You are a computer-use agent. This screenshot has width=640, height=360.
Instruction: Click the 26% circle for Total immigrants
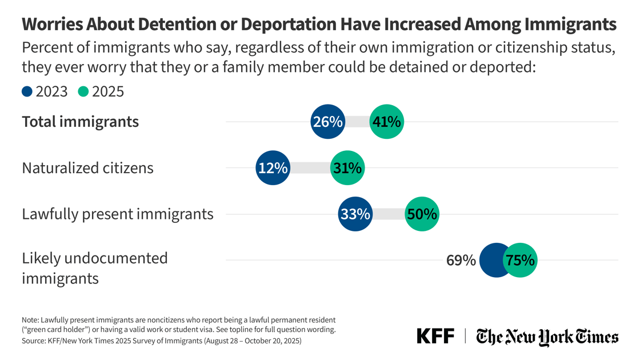327,122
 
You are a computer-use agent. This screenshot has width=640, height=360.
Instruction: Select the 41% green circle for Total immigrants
387,122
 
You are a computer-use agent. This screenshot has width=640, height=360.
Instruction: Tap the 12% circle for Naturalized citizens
273,168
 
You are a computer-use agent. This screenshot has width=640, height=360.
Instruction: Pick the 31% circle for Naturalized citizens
347,168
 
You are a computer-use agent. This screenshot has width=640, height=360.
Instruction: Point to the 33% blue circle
355,214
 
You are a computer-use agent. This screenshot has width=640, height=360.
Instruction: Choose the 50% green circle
422,214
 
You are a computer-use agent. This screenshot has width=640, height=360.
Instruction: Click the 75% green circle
519,261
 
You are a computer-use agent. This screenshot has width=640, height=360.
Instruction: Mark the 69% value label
461,261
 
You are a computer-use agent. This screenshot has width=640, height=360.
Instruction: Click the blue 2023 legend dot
27,91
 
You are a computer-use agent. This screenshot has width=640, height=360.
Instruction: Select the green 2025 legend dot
83,91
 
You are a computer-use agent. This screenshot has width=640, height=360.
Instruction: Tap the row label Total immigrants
80,122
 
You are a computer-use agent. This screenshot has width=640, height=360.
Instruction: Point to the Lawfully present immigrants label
117,214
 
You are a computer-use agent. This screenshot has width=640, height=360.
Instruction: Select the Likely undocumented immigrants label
94,268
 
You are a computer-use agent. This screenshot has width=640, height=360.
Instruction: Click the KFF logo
435,336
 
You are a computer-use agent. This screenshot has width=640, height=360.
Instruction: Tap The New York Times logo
547,337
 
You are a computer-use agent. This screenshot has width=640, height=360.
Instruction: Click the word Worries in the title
54,24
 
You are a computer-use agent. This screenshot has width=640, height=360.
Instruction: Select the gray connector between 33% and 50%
389,214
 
